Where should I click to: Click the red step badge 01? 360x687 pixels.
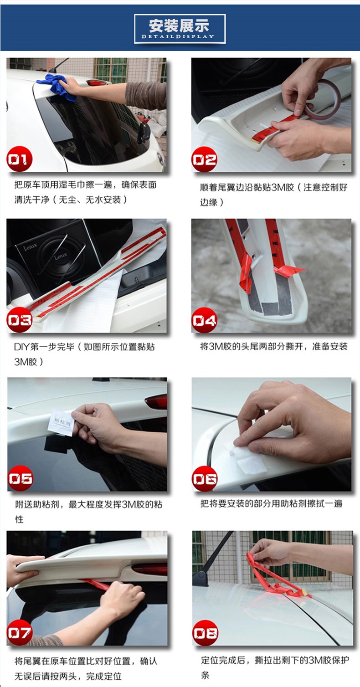(x=19, y=159)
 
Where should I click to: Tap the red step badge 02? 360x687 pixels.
(x=205, y=159)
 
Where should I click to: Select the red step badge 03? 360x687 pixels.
(x=19, y=320)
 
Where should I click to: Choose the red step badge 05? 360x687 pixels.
(x=20, y=478)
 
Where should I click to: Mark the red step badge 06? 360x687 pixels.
(x=205, y=479)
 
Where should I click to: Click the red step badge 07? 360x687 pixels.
(x=20, y=632)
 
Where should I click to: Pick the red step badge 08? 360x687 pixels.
(x=206, y=633)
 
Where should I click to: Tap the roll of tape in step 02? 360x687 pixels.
(x=322, y=97)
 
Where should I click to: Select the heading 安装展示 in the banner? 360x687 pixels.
(x=179, y=26)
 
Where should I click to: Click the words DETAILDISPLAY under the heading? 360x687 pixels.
(x=178, y=36)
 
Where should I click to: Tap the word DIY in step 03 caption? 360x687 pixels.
(x=21, y=347)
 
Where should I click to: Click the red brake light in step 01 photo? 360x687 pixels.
(x=96, y=82)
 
